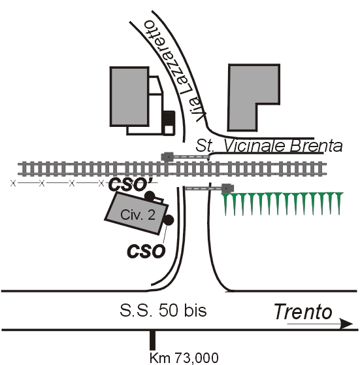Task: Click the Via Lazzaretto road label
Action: pyautogui.click(x=175, y=71)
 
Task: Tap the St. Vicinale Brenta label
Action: pyautogui.click(x=269, y=146)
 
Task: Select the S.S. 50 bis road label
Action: pyautogui.click(x=163, y=310)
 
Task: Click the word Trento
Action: pyautogui.click(x=303, y=311)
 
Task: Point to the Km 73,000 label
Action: pyautogui.click(x=184, y=358)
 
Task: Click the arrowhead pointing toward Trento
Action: pyautogui.click(x=346, y=324)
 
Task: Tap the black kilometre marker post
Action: pyautogui.click(x=152, y=340)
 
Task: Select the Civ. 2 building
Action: pyautogui.click(x=137, y=213)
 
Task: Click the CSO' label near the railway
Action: pyautogui.click(x=130, y=184)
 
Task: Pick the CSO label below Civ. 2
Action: pyautogui.click(x=146, y=251)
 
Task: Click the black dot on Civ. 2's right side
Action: pyautogui.click(x=169, y=220)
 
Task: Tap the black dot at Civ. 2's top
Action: pyautogui.click(x=150, y=196)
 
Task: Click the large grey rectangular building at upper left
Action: pyautogui.click(x=129, y=96)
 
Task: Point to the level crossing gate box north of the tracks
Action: pyautogui.click(x=167, y=156)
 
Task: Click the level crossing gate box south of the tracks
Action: pyautogui.click(x=227, y=188)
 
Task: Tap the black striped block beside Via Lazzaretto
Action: pyautogui.click(x=169, y=118)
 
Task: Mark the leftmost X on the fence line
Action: pyautogui.click(x=13, y=183)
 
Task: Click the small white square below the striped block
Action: pyautogui.click(x=169, y=130)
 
